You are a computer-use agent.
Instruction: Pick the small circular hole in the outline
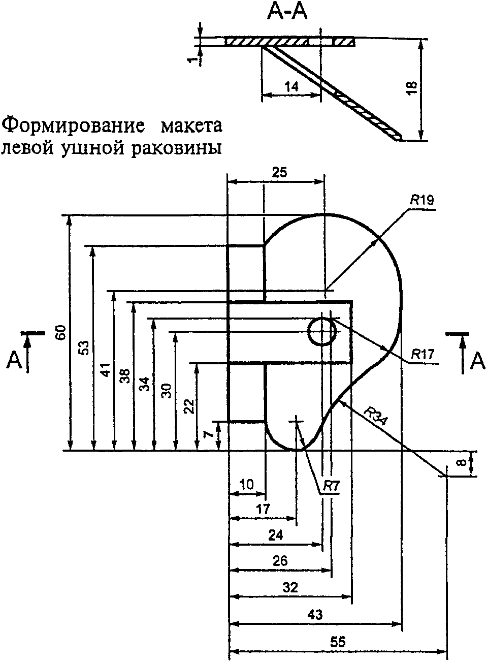pyautogui.click(x=322, y=331)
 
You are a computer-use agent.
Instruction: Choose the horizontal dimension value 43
pyautogui.click(x=315, y=614)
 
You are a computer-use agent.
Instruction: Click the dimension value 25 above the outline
pyautogui.click(x=279, y=172)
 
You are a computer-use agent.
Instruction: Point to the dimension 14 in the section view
pyautogui.click(x=291, y=86)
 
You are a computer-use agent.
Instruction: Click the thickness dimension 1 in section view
pyautogui.click(x=191, y=60)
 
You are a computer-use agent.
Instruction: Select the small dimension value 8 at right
pyautogui.click(x=461, y=462)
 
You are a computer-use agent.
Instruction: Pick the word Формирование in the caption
pyautogui.click(x=75, y=125)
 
